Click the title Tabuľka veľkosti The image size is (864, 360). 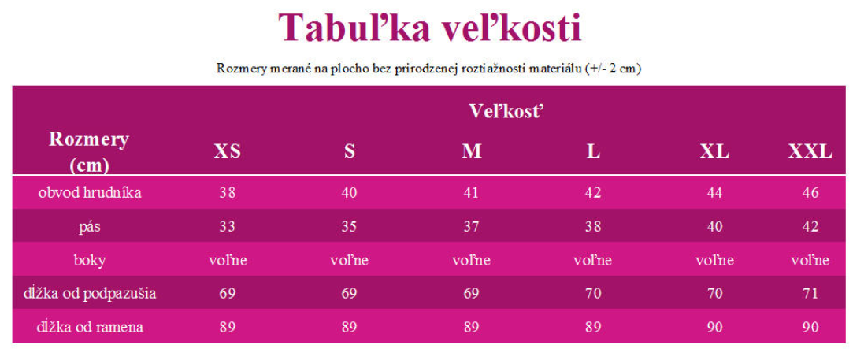click(x=430, y=28)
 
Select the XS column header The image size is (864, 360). click(x=228, y=151)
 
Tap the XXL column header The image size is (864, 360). click(x=810, y=151)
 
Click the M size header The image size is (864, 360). click(x=472, y=151)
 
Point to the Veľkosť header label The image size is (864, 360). click(x=507, y=111)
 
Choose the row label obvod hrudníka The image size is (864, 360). click(x=90, y=192)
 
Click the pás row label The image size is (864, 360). click(x=90, y=227)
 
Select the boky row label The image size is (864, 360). click(x=90, y=260)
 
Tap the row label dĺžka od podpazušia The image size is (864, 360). click(x=90, y=294)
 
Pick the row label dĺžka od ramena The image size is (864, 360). click(x=90, y=328)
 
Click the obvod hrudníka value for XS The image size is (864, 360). click(x=228, y=193)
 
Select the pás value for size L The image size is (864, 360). click(x=593, y=227)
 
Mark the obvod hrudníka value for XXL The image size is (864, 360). click(x=810, y=193)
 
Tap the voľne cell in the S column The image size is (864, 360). click(x=350, y=260)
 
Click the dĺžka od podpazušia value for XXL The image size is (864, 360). click(x=810, y=294)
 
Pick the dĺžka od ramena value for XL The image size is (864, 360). click(x=714, y=328)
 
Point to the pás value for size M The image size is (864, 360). click(x=472, y=227)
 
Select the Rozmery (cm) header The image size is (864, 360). click(x=89, y=151)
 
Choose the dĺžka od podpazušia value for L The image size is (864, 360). click(x=593, y=294)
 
